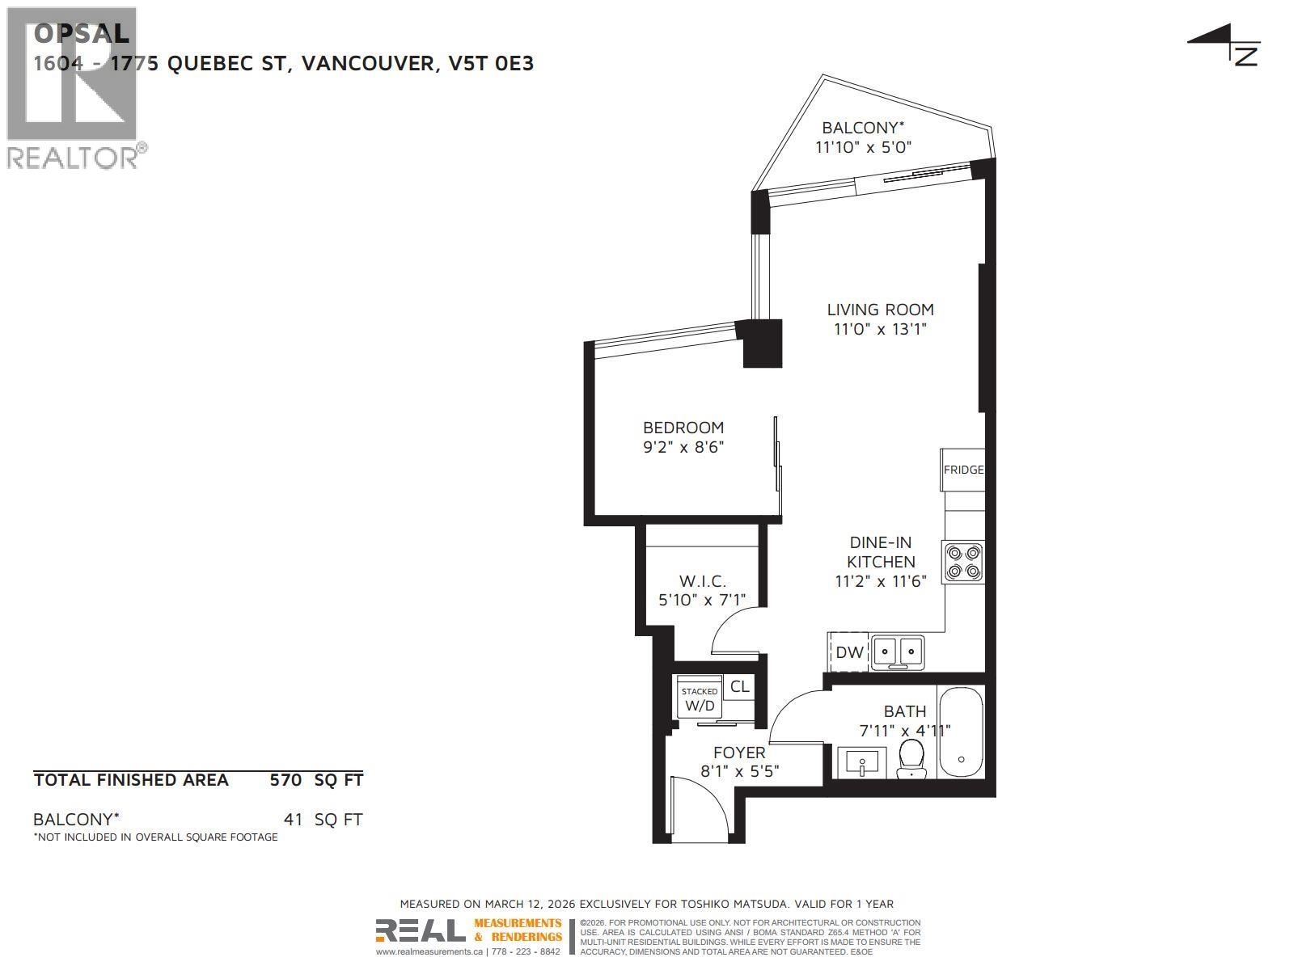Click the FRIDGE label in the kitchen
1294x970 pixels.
(x=963, y=470)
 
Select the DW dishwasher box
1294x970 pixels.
(x=848, y=652)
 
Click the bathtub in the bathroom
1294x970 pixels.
(x=961, y=732)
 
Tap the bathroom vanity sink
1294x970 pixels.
(x=861, y=761)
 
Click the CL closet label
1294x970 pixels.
(x=739, y=687)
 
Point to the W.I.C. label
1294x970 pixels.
(x=702, y=581)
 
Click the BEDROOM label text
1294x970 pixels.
(x=683, y=428)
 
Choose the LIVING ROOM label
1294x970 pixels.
(x=880, y=310)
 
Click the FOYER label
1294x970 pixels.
(x=739, y=753)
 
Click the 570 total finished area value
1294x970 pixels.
(x=285, y=780)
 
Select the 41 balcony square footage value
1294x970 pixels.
(x=293, y=820)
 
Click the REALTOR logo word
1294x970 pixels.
(x=73, y=157)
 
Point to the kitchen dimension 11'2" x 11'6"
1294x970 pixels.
(x=880, y=580)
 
